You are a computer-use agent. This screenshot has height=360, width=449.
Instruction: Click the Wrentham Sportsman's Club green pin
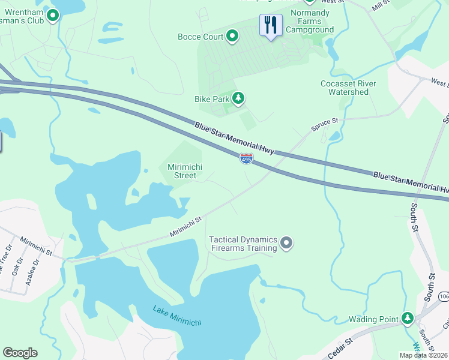[53, 16]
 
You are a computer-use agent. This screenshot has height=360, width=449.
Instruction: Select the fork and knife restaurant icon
[271, 25]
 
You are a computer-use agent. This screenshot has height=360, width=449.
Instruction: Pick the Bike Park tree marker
[238, 98]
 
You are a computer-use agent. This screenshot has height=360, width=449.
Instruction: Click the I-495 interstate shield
[246, 158]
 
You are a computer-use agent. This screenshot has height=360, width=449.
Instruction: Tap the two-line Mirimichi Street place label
[181, 171]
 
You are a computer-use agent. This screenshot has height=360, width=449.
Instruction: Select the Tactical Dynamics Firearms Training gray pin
[287, 243]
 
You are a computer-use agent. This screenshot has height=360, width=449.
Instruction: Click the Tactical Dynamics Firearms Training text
[243, 244]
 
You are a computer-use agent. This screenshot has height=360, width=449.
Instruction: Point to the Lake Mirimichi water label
[177, 316]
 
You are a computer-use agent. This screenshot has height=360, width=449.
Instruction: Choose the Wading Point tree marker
[408, 318]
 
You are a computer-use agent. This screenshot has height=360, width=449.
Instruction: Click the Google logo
[20, 353]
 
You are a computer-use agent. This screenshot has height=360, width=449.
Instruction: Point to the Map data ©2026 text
[423, 355]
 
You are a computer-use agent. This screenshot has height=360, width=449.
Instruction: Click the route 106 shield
[444, 297]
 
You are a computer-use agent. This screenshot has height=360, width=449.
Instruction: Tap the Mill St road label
[380, 6]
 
